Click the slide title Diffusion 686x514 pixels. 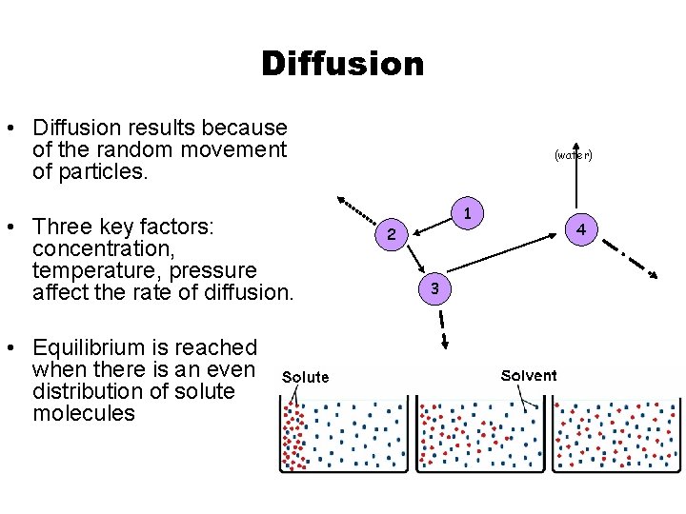(342, 64)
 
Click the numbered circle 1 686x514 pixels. (468, 211)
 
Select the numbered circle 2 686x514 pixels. (392, 233)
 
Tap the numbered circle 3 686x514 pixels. (434, 287)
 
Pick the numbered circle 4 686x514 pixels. (580, 229)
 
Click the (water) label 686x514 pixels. (574, 154)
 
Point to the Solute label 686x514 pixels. (305, 377)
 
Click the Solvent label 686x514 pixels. (529, 375)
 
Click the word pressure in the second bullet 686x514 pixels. (212, 270)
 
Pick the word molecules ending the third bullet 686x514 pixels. (84, 413)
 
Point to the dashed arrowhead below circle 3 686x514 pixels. (445, 348)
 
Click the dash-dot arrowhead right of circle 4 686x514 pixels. (653, 275)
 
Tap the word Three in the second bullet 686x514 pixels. (60, 227)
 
